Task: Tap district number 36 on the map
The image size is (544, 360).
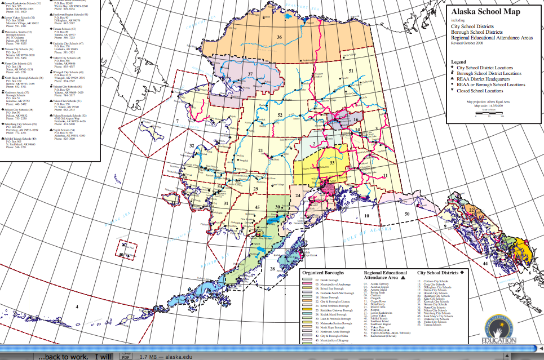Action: [x=279, y=37]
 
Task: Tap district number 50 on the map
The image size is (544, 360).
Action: [x=406, y=214]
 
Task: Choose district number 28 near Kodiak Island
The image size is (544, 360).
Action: [x=272, y=269]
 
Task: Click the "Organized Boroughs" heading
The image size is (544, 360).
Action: [x=324, y=273]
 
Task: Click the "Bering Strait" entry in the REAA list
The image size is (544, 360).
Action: [x=377, y=293]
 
